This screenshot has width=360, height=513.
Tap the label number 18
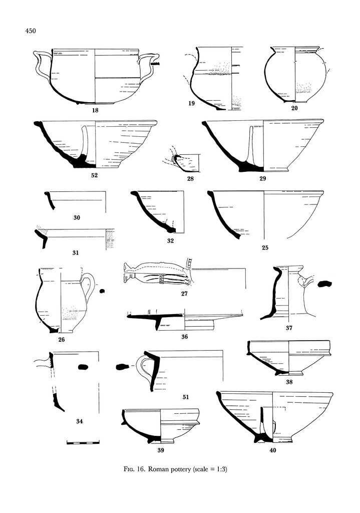95,109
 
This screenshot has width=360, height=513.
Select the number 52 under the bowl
95,175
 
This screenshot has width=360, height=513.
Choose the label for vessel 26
61,340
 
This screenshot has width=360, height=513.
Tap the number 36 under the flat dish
184,337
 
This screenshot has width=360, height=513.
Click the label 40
272,450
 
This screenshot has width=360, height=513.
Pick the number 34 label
79,421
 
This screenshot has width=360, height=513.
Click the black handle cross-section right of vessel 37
325,285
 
